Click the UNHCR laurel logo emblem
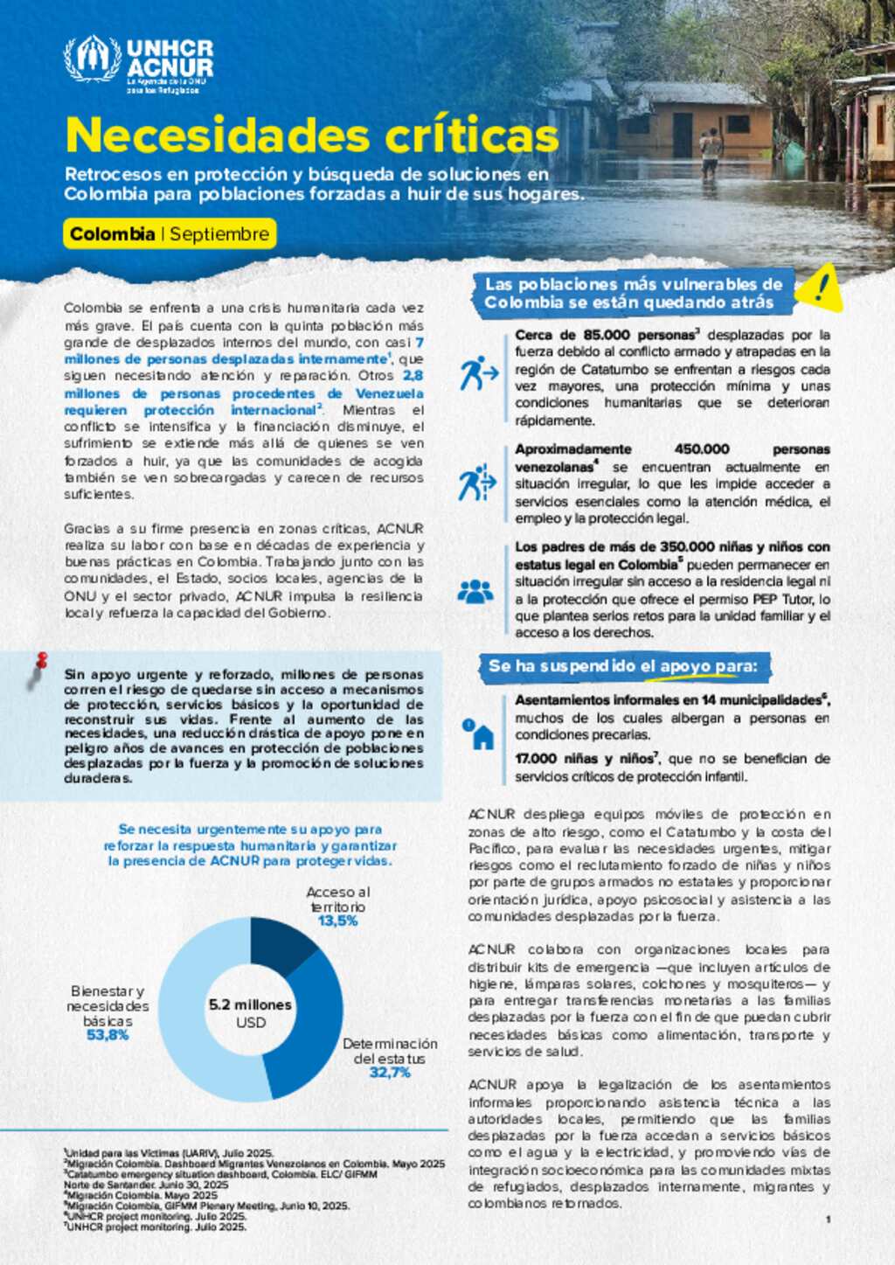[92, 59]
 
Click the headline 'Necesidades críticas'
[312, 136]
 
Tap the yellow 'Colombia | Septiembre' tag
[170, 234]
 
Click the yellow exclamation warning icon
[819, 289]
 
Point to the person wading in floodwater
[711, 150]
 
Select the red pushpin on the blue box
[40, 662]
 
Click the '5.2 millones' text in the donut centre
[250, 1005]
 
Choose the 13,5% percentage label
[337, 921]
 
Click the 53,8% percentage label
[108, 1035]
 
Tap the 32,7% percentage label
[390, 1073]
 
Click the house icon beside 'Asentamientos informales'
[481, 734]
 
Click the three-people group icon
[475, 592]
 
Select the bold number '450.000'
[702, 449]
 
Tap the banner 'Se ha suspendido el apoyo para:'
[622, 666]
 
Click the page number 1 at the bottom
[828, 1219]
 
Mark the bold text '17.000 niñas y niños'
[584, 759]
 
